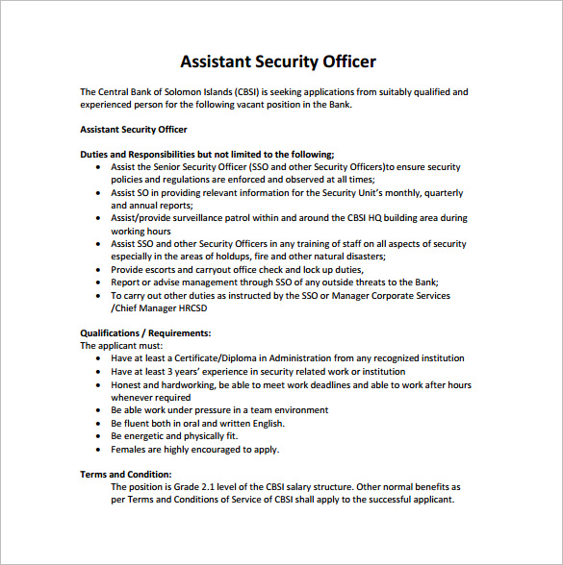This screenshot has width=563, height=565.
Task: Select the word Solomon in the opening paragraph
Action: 182,92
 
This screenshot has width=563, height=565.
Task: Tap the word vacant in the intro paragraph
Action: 260,105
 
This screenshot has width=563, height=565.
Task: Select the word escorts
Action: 162,270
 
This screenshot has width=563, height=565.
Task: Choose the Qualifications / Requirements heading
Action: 144,333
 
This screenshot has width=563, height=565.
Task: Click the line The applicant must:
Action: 121,346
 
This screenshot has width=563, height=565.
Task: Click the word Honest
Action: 126,384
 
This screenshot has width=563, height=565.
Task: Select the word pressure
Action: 208,410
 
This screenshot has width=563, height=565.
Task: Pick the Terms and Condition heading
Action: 125,474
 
